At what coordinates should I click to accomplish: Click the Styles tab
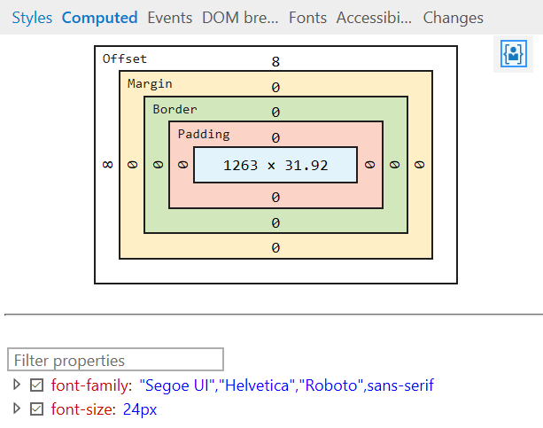(32, 18)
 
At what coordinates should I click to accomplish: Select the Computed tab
(99, 18)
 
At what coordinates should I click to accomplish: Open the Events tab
(169, 18)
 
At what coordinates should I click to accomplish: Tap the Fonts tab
(307, 18)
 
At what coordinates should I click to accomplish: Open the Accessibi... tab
(374, 18)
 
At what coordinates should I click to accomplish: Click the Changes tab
(453, 18)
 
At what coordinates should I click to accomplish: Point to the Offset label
(125, 59)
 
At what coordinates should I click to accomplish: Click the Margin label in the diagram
(150, 84)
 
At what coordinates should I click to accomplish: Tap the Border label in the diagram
(175, 109)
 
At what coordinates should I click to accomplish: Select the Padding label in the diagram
(204, 134)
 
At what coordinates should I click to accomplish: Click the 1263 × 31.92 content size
(275, 165)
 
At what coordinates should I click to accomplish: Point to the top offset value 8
(275, 62)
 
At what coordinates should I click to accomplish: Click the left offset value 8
(108, 165)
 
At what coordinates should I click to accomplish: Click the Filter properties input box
(116, 360)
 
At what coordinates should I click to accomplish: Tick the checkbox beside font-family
(36, 385)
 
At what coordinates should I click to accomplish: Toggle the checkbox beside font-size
(36, 409)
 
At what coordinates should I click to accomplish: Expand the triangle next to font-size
(16, 409)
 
